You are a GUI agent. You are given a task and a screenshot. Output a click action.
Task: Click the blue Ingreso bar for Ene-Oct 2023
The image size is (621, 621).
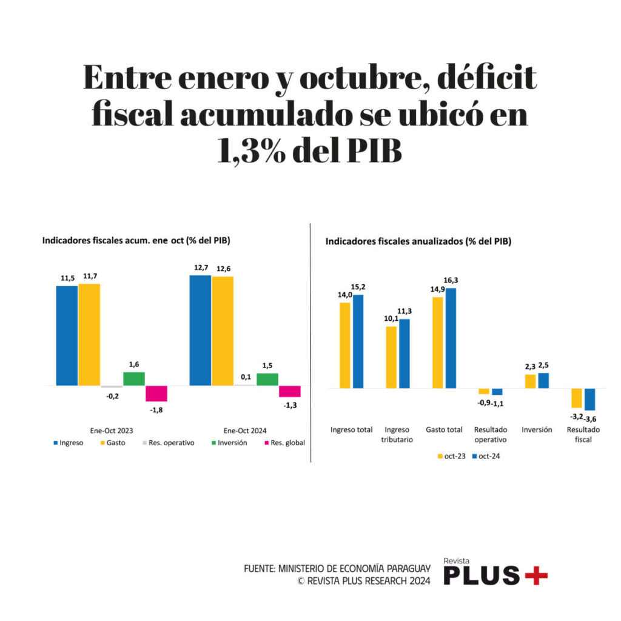pos(67,335)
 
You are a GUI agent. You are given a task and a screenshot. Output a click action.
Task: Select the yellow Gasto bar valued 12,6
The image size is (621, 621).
pos(223,331)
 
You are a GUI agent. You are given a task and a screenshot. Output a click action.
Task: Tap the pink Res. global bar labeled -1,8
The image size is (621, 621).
pos(156,394)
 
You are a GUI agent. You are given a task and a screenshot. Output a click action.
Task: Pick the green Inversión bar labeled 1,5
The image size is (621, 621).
pos(267,379)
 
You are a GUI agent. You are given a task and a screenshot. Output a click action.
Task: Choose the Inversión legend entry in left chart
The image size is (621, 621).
pos(227,443)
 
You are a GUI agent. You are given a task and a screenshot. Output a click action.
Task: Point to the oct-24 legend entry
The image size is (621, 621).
pos(485,455)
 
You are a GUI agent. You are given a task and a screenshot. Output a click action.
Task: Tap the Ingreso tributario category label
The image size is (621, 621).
pos(397,434)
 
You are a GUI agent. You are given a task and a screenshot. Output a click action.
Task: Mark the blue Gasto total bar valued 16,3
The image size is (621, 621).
pos(451,338)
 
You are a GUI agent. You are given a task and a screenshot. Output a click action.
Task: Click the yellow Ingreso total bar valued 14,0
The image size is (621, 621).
pos(345,345)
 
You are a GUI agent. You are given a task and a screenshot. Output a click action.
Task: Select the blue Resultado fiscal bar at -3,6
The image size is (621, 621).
pos(589,399)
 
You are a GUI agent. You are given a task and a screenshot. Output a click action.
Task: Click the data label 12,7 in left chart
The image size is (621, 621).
pos(200,267)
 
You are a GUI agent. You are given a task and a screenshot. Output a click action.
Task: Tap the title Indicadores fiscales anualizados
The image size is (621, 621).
pos(418,241)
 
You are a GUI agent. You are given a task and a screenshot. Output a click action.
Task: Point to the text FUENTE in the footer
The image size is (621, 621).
pos(259,569)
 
